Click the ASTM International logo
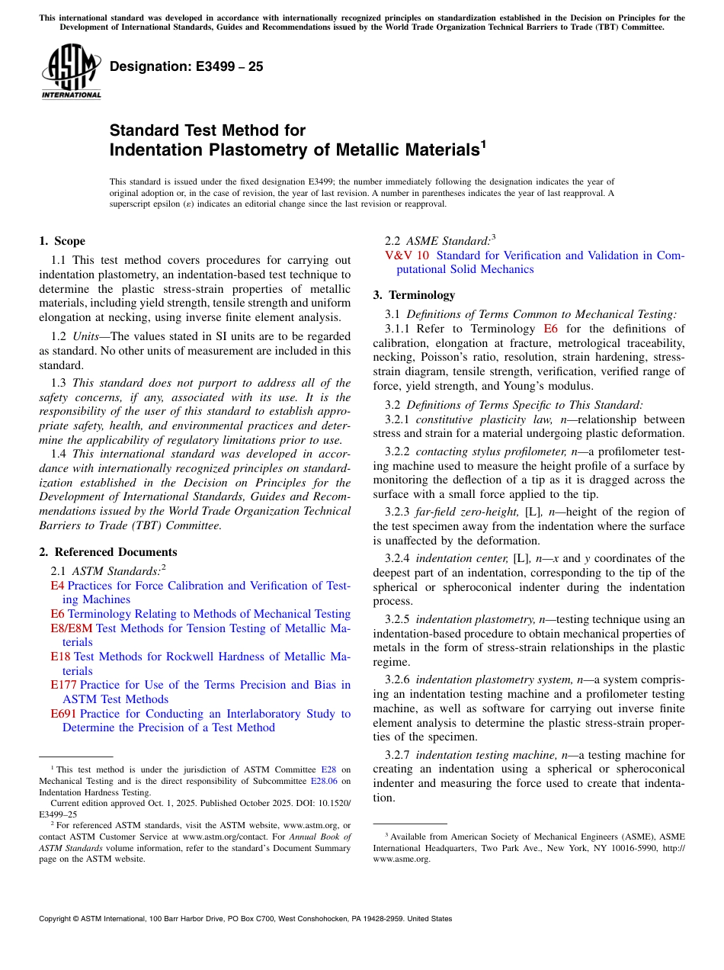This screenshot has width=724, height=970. click(71, 72)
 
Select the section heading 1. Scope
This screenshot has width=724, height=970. click(62, 241)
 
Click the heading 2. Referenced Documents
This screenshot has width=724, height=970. click(108, 552)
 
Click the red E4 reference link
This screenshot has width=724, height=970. click(57, 586)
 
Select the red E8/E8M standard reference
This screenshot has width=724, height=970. click(72, 628)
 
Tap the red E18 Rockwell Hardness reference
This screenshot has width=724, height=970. click(60, 657)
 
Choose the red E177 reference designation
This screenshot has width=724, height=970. click(63, 685)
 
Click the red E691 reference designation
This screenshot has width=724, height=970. click(63, 714)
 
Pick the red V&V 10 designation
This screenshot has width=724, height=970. click(408, 255)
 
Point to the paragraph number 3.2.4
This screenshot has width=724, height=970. click(397, 558)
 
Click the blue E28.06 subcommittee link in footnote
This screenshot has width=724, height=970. click(324, 781)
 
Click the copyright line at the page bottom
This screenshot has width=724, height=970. click(245, 919)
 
